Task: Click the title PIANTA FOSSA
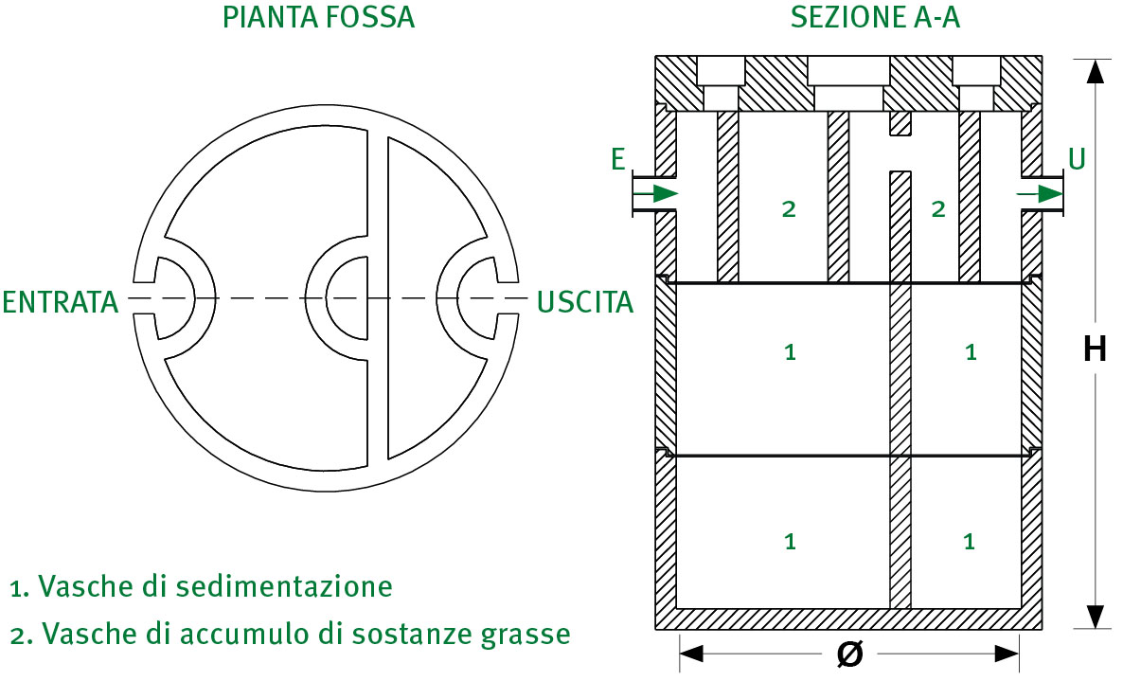click(318, 18)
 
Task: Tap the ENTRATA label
click(61, 302)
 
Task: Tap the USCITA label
click(584, 302)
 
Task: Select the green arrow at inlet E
click(656, 194)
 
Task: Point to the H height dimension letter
click(1095, 350)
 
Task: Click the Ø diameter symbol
click(850, 654)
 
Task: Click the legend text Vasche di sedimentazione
click(201, 586)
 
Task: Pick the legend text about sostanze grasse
click(290, 633)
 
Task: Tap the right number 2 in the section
click(938, 210)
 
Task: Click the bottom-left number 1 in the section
click(789, 542)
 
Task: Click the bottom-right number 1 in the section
click(969, 542)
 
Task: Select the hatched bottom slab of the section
click(848, 618)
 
